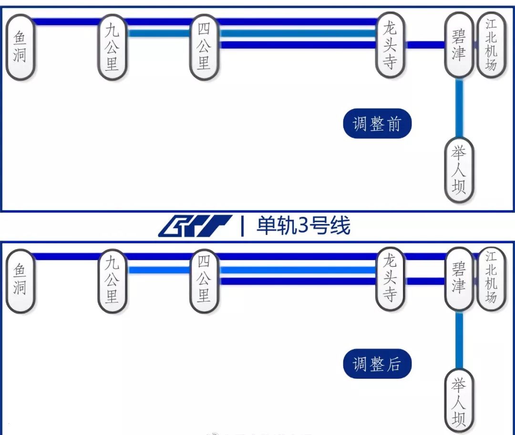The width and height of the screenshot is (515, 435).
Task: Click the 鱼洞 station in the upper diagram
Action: pos(20,47)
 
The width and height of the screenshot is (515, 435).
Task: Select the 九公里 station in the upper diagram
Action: pos(113,48)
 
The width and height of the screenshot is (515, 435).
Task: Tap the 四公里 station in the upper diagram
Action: pos(204,48)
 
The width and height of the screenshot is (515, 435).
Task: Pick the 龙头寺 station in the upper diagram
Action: pos(390,45)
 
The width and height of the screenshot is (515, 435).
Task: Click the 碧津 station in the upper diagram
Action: pos(459,45)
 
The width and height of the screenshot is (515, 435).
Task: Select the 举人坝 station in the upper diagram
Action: pos(459,170)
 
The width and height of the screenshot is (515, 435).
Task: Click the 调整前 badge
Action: pos(377,125)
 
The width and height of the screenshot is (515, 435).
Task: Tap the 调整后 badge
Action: pos(377,364)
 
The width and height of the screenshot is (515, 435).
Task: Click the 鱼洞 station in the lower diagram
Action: pos(20,281)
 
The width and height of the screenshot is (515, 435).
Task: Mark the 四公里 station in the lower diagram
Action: pos(204,281)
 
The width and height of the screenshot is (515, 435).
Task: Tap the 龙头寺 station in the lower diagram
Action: pos(390,280)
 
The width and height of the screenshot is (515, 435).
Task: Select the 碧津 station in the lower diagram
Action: pos(459,280)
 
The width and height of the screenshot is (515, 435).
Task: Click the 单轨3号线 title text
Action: pos(303,226)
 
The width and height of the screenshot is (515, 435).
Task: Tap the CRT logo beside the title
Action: pos(196,226)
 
